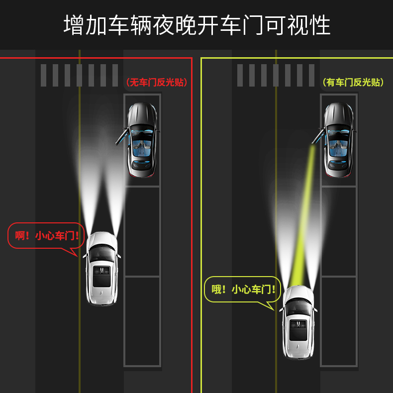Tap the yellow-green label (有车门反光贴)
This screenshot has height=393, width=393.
click(353, 83)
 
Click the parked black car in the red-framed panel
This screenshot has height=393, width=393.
click(142, 139)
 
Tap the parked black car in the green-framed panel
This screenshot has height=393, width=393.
click(339, 139)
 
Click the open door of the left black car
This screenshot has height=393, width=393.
click(120, 135)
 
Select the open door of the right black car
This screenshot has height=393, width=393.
click(316, 134)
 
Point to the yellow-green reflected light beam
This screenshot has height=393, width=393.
click(305, 214)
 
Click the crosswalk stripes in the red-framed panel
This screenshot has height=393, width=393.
click(80, 75)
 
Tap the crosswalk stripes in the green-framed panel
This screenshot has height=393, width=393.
click(276, 75)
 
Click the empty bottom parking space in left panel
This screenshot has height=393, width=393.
click(142, 321)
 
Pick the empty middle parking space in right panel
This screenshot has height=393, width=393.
click(339, 231)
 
